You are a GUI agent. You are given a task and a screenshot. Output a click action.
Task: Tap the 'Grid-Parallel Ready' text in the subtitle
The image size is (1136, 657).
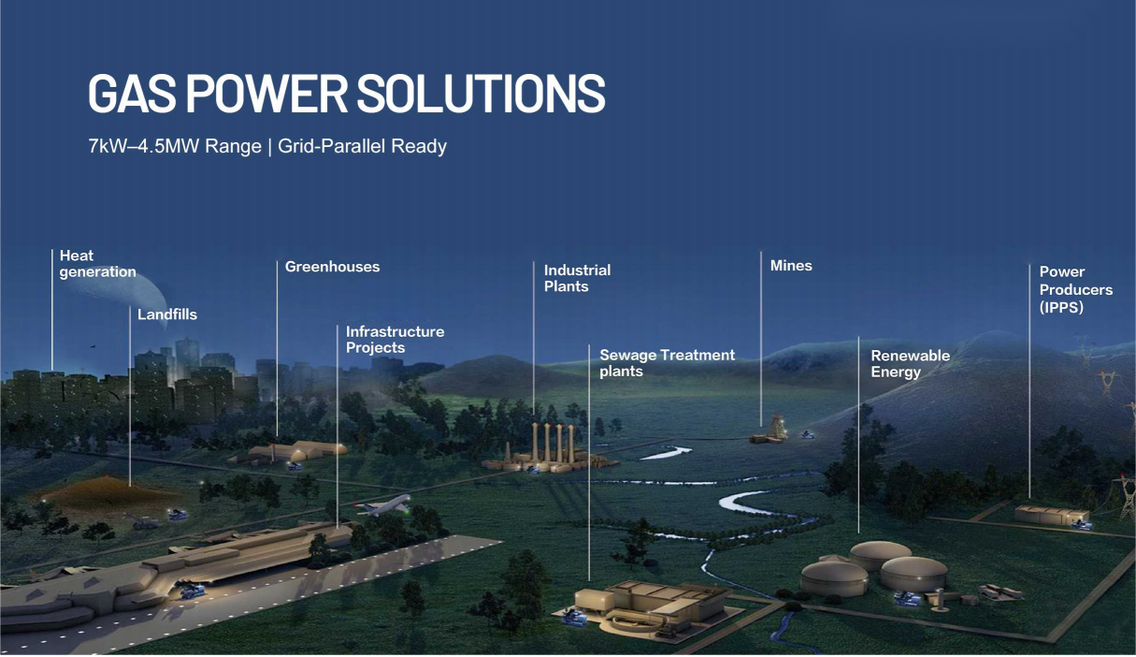pos(362,146)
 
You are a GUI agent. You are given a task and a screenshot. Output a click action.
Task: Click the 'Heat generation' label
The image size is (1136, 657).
pos(98,264)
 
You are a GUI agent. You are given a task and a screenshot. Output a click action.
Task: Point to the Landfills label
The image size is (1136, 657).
pos(167,314)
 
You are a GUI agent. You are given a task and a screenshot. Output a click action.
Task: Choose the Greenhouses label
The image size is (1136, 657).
pos(332,267)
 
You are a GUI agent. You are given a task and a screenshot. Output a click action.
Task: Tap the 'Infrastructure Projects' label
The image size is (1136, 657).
pos(395,340)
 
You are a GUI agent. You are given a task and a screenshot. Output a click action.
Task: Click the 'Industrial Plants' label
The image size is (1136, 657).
pos(577,278)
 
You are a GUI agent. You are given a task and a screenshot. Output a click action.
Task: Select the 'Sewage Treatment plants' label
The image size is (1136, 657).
pos(667,363)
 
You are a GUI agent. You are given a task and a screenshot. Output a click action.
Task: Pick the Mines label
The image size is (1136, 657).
pos(791,266)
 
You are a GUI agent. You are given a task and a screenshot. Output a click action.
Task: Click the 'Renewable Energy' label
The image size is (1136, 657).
pos(911,363)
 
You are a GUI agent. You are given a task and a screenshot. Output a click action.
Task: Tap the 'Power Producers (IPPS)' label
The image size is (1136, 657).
pos(1075,289)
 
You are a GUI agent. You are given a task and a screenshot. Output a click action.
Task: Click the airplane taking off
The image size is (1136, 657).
pos(384,504)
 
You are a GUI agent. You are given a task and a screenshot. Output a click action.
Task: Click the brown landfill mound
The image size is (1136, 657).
pos(109,494)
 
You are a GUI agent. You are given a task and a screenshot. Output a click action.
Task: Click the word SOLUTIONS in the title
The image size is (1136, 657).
pos(482,94)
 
